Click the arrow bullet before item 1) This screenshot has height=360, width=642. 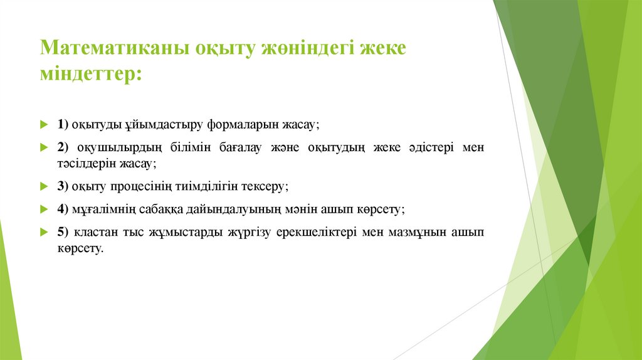click(x=43, y=125)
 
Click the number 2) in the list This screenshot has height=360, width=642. click(x=63, y=147)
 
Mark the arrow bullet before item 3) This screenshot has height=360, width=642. click(x=43, y=186)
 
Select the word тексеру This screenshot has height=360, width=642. click(x=263, y=186)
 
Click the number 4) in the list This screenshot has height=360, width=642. click(x=63, y=209)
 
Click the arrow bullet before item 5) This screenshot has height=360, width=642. click(x=43, y=232)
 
